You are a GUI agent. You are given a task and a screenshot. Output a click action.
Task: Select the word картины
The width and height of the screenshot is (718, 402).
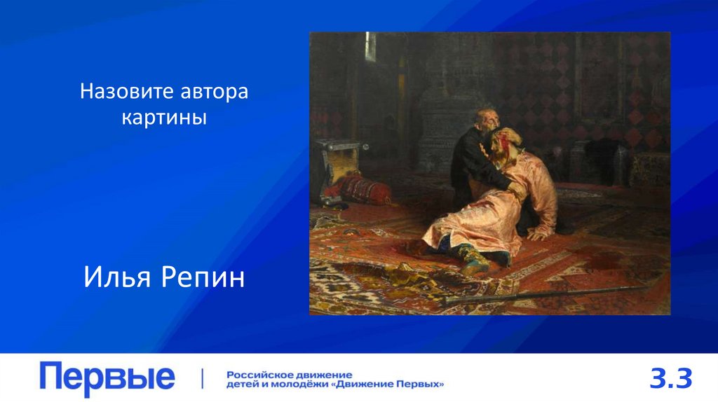[x=164, y=117]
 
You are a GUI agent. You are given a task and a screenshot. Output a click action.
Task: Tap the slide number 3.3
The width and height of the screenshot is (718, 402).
[x=671, y=379]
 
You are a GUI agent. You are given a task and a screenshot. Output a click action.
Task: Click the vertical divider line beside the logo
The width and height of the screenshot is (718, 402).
[x=203, y=379]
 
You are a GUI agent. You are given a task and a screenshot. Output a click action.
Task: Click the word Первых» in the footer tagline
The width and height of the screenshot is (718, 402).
[x=425, y=384]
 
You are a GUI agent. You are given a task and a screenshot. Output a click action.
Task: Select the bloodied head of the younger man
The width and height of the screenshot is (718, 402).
[x=503, y=141]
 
